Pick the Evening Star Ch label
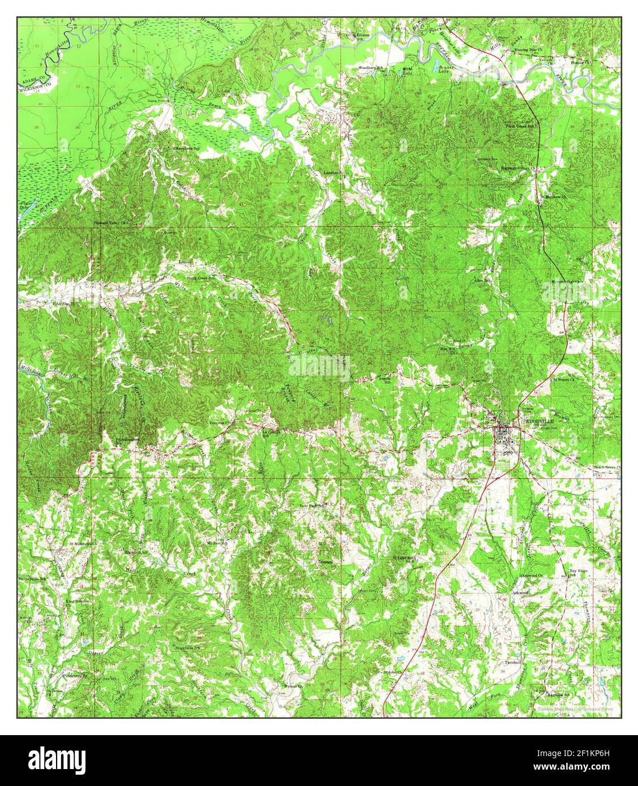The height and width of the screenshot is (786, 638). tap(528, 50)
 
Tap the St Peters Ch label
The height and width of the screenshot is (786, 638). tap(563, 379)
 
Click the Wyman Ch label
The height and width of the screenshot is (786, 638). tap(293, 686)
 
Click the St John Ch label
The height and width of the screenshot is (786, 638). tap(392, 672)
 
